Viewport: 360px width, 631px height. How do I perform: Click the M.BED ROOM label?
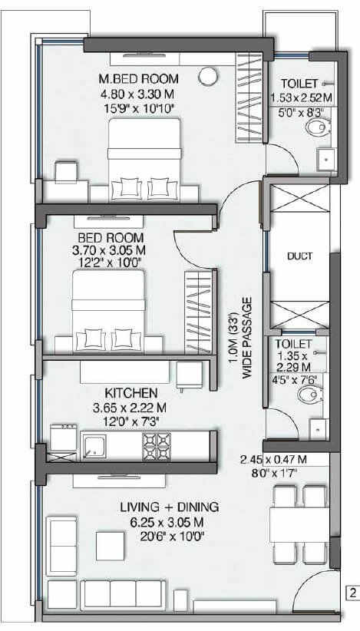point(138,79)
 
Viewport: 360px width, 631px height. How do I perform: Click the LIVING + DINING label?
point(170,507)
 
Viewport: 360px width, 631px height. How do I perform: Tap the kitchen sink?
point(96,444)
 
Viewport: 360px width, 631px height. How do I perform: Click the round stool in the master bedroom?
point(206,76)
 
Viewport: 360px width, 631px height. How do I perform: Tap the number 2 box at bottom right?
point(352,592)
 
